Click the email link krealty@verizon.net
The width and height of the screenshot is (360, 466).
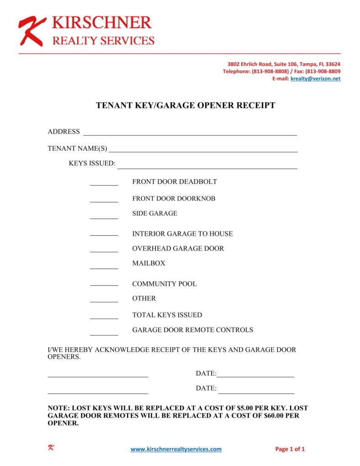click(315, 79)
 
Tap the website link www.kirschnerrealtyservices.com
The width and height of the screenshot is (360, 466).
click(176, 449)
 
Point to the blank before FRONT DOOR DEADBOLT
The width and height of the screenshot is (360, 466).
click(104, 185)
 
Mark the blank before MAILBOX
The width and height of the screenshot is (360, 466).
click(104, 267)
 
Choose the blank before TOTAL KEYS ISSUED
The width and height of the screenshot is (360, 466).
click(104, 318)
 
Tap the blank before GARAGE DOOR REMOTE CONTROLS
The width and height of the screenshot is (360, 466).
click(104, 334)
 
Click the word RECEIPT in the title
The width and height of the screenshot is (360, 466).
click(255, 106)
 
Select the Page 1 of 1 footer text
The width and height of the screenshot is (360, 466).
click(290, 449)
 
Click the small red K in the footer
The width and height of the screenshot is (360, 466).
click(51, 448)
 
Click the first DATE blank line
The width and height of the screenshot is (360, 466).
click(255, 376)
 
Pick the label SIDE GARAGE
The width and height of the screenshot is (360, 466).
click(154, 213)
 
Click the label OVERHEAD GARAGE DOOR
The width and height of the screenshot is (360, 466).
click(178, 249)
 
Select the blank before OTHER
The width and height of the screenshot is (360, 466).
click(104, 302)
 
